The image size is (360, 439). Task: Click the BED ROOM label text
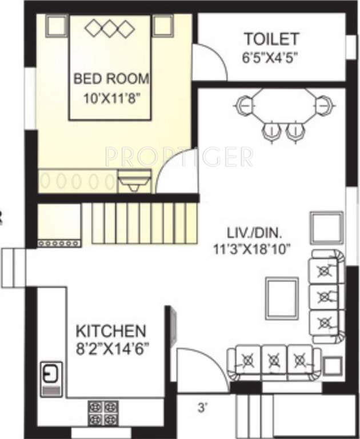click(111, 78)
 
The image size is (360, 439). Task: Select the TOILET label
click(271, 39)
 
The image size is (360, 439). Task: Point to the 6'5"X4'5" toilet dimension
click(271, 57)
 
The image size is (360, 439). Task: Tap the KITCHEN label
click(111, 330)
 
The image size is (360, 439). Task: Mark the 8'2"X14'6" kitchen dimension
click(111, 348)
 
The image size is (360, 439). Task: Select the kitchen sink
click(50, 374)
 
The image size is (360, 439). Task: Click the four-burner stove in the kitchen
click(103, 412)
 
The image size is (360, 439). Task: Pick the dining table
click(283, 110)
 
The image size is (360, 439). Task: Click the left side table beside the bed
click(56, 25)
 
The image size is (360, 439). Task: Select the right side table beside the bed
click(163, 25)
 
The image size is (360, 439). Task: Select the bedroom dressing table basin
click(135, 182)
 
